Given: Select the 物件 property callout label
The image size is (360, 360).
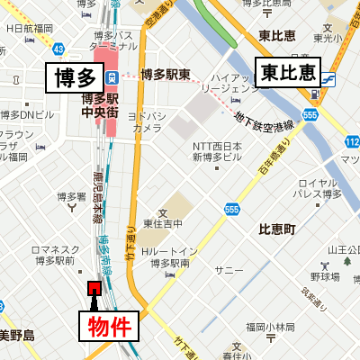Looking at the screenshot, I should pos(112,325).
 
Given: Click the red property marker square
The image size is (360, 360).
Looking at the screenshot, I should pos(93,288).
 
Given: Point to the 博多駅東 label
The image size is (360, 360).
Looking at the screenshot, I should pos(165,75).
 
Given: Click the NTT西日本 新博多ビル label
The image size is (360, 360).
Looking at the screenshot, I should pos(217,152).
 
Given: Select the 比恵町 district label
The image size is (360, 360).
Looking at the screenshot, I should pos(277,229).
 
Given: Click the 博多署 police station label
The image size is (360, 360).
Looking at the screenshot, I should pos(71,196).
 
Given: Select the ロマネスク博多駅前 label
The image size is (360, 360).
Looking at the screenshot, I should pos(53,255).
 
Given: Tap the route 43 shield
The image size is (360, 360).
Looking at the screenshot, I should pos(58,48).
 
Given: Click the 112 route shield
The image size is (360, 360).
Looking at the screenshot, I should pos(352,142).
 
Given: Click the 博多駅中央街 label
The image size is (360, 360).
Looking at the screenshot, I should pos(100,106).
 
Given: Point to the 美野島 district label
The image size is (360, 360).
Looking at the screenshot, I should pos(16,336).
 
